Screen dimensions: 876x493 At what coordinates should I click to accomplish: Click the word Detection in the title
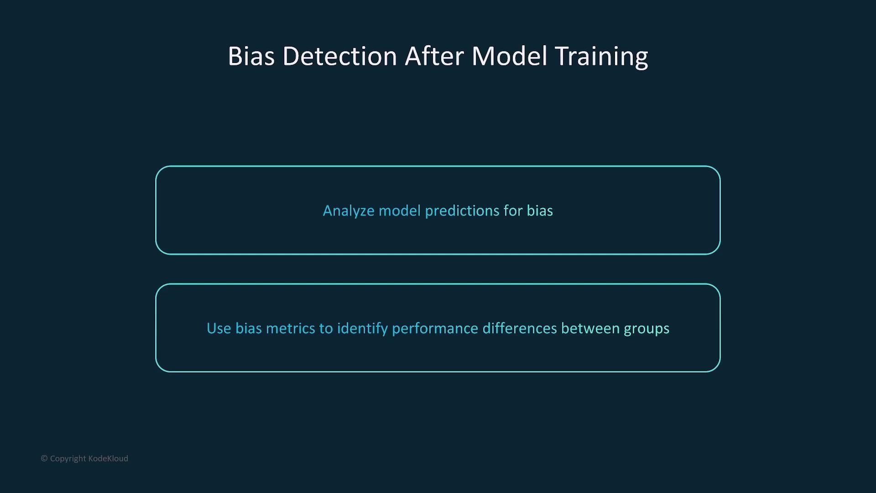click(339, 56)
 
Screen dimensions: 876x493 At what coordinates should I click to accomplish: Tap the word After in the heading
click(434, 56)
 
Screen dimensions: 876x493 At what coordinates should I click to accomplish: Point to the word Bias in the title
click(251, 56)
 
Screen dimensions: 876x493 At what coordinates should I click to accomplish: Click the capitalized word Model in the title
click(509, 56)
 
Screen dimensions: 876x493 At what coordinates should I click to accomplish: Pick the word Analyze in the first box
click(349, 211)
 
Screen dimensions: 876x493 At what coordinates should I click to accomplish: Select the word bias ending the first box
click(540, 210)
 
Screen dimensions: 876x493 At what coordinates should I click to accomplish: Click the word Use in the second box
click(219, 328)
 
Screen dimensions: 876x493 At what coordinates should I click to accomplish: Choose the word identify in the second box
click(362, 329)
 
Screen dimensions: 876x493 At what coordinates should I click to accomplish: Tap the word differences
click(520, 328)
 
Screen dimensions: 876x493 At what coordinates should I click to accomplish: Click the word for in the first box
click(513, 210)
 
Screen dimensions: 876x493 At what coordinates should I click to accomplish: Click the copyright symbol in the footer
click(44, 458)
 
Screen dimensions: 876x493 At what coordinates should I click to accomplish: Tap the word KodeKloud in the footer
click(108, 458)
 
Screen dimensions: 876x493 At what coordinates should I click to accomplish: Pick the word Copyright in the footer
click(68, 459)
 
